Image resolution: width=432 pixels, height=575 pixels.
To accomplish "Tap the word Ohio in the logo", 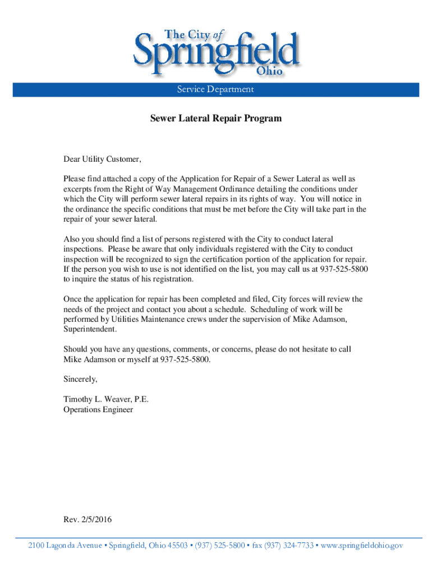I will coord(269,71).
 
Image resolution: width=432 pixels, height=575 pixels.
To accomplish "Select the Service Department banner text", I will coord(216,89).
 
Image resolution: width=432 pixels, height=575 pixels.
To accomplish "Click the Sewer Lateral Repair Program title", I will coord(216,119).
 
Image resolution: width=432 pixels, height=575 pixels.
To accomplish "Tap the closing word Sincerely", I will coord(80,379).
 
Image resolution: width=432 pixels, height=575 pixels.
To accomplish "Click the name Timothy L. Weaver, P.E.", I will coord(106,399).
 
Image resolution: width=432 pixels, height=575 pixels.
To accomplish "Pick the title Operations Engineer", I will coord(98,409).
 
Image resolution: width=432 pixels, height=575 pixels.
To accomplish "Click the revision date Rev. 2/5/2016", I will coord(88,519).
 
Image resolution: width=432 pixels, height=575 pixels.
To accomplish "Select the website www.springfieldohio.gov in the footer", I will coord(362,545).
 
